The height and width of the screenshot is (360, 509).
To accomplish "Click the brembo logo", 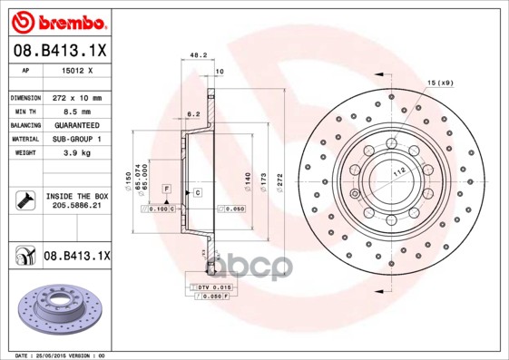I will [60, 21].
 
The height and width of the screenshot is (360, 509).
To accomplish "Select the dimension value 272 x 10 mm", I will [75, 96].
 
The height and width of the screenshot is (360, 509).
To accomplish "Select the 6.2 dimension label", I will [192, 114].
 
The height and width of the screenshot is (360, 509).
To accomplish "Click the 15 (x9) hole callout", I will [440, 83].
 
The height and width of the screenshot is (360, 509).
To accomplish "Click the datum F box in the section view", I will [166, 188].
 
